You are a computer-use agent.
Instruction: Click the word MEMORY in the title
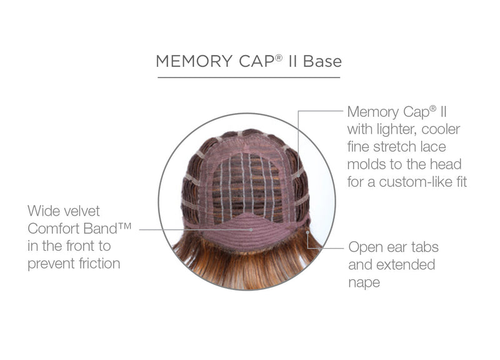pos(194,61)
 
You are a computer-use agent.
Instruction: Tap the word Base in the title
pos(322,61)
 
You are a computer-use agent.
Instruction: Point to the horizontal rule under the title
pos(249,77)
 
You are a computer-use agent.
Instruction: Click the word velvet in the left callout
pos(82,211)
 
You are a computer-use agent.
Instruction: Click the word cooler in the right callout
pos(441,130)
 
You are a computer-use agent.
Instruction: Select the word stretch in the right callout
pos(394,147)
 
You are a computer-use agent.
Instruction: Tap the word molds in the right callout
pos(367,164)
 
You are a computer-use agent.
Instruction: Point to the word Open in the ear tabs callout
pos(365,247)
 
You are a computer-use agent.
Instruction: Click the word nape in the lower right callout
pos(364,283)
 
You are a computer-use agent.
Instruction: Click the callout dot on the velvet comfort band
pos(251,229)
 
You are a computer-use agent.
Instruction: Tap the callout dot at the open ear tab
pos(307,232)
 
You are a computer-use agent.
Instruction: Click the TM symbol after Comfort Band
pos(125,226)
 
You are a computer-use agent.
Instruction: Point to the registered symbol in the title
pos(279,57)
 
